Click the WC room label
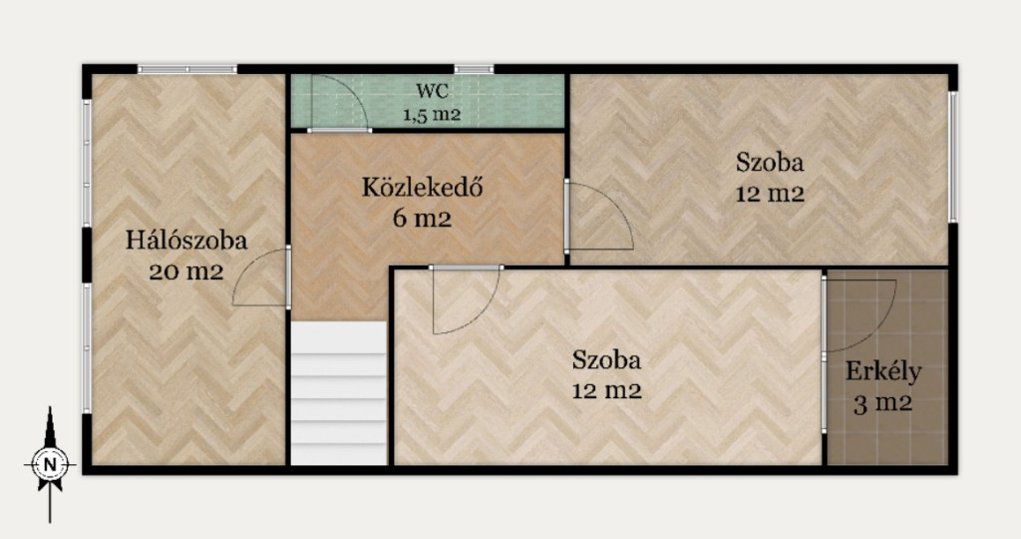tap(433, 90)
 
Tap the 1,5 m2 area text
tap(432, 115)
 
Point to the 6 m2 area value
tap(422, 218)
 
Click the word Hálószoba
tap(186, 240)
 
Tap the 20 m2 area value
tap(186, 270)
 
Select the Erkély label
tap(883, 372)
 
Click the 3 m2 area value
tap(883, 404)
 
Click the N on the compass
tap(50, 465)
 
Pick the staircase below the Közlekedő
tap(339, 393)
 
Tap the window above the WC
tap(474, 69)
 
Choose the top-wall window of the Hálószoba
tap(187, 69)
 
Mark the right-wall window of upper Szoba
tap(952, 157)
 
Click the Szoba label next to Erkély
tap(607, 359)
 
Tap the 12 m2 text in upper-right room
tap(770, 194)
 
